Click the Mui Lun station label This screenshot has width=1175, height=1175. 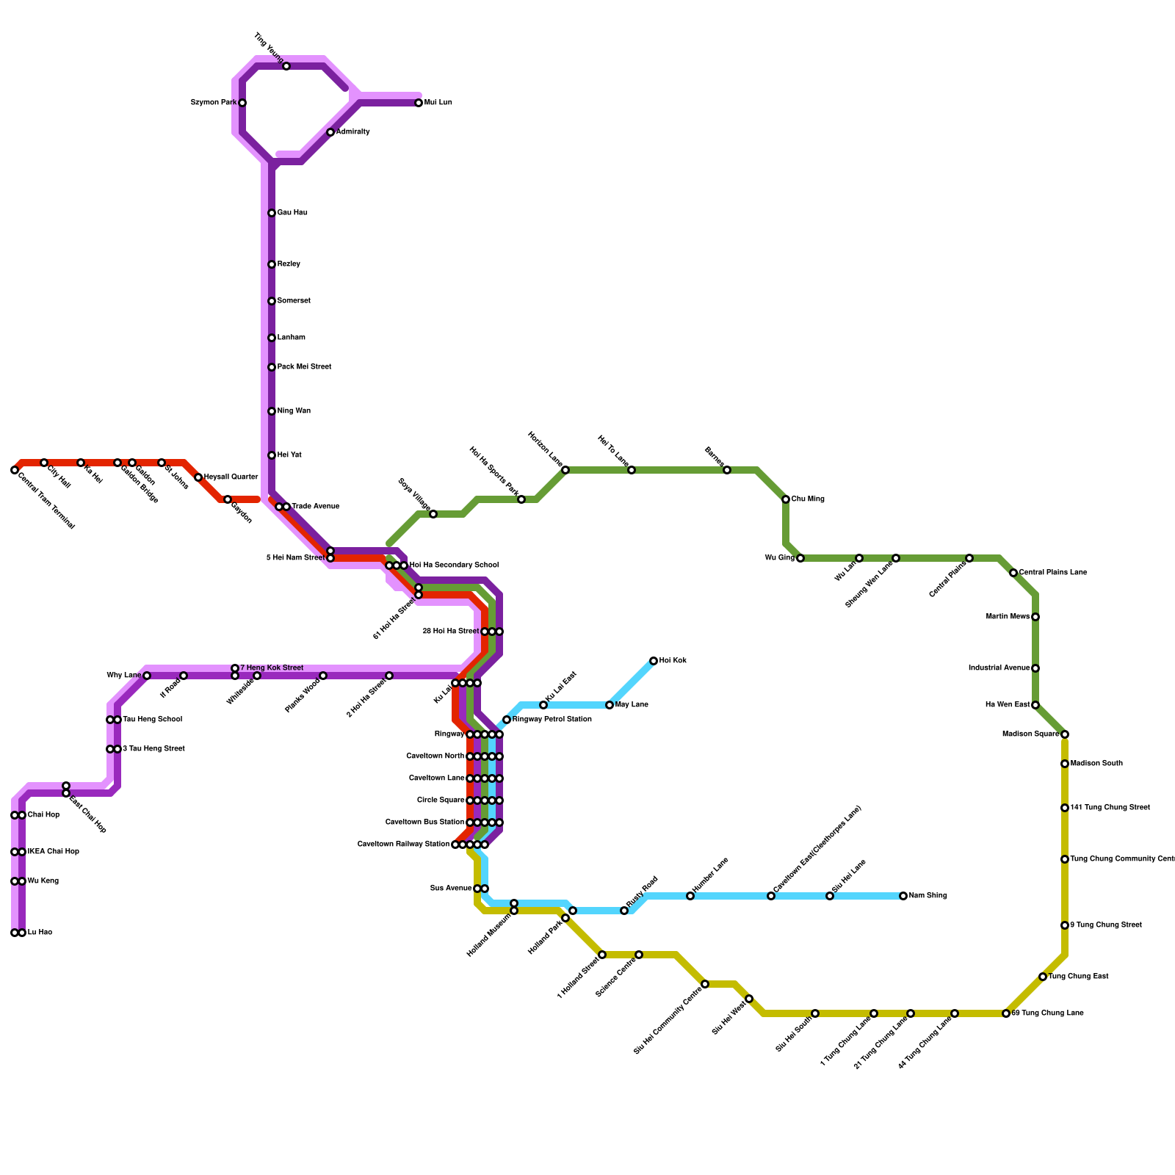click(438, 103)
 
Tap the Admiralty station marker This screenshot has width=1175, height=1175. click(330, 132)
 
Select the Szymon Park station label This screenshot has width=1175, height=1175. click(213, 103)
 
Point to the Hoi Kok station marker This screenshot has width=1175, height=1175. click(654, 661)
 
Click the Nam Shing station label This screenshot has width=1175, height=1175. click(928, 896)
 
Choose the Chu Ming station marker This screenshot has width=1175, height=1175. click(786, 499)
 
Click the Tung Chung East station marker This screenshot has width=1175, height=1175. click(1043, 977)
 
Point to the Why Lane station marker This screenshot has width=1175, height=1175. click(147, 676)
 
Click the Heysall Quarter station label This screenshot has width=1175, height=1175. click(231, 477)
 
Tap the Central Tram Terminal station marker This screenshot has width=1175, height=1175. click(15, 470)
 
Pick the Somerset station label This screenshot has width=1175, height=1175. click(294, 301)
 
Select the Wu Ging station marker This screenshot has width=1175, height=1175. click(800, 558)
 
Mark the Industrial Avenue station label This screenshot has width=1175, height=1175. click(999, 668)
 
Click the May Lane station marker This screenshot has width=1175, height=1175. click(610, 705)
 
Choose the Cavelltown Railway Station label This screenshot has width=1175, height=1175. click(403, 845)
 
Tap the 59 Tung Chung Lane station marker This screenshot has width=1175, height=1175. click(1006, 1013)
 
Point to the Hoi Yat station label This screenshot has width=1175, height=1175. click(289, 455)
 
